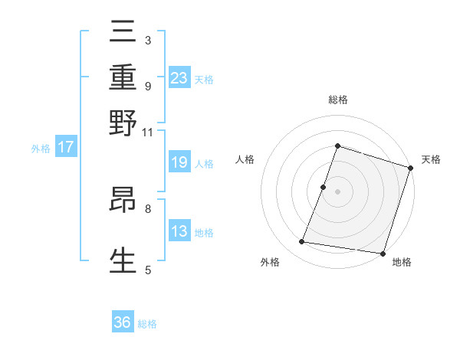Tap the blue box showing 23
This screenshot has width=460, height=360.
(x=179, y=77)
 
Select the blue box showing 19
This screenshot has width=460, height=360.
(x=179, y=162)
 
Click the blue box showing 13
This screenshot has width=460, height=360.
(x=179, y=231)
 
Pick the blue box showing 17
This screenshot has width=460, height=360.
(x=66, y=147)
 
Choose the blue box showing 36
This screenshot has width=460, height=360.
(x=123, y=322)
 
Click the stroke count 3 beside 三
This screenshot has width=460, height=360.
(x=147, y=40)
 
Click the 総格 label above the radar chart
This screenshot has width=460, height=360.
(x=337, y=100)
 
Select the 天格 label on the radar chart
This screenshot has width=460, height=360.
(x=432, y=159)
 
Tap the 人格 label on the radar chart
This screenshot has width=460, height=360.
(x=245, y=159)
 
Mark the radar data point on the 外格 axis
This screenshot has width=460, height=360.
(x=302, y=242)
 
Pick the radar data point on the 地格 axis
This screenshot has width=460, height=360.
(x=382, y=253)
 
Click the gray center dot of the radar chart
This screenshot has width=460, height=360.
(x=337, y=191)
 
